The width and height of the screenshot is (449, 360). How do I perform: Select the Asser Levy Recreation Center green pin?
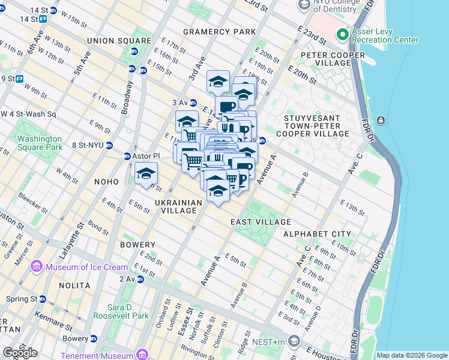[x=343, y=35]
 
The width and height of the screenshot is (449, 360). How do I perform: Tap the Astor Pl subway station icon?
[x=127, y=157]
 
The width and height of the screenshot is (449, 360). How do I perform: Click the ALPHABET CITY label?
[x=317, y=233]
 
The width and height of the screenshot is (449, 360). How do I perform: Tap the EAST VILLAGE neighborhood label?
[x=261, y=222]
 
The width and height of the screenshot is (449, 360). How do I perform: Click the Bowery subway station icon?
[x=93, y=339]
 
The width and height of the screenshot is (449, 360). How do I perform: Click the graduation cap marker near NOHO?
[x=146, y=174]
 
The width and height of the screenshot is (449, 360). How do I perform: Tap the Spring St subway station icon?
[x=43, y=299]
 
